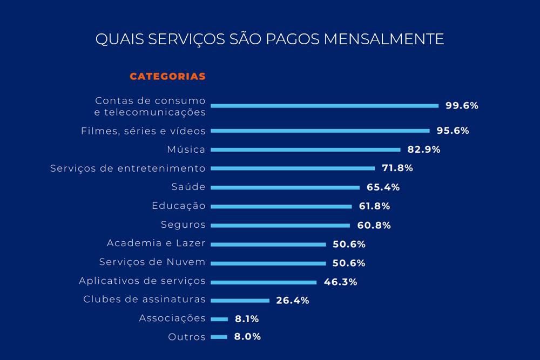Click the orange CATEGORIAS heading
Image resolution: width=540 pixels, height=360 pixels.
pyautogui.click(x=167, y=77)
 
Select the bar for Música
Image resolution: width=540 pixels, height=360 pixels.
pyautogui.click(x=305, y=150)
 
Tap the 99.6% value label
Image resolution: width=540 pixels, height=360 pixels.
pyautogui.click(x=462, y=106)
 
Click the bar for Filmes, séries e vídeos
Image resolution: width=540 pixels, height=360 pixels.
pyautogui.click(x=320, y=131)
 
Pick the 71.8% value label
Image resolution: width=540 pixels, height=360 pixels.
pyautogui.click(x=397, y=168)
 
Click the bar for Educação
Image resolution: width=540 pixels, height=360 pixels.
pyautogui.click(x=281, y=206)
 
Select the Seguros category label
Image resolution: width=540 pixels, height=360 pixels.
pyautogui.click(x=183, y=225)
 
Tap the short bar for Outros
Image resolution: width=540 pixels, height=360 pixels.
pyautogui.click(x=219, y=337)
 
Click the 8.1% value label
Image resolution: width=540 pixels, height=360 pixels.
pyautogui.click(x=247, y=319)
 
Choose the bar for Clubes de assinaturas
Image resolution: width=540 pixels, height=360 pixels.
pyautogui.click(x=240, y=300)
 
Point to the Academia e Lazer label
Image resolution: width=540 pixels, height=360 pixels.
pyautogui.click(x=156, y=243)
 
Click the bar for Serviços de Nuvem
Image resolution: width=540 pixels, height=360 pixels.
pyautogui.click(x=268, y=263)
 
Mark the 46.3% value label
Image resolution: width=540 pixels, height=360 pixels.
pyautogui.click(x=340, y=282)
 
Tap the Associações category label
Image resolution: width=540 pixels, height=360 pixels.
pyautogui.click(x=172, y=318)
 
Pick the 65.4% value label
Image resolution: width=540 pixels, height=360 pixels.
pyautogui.click(x=383, y=187)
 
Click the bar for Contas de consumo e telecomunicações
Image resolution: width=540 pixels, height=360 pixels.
pyautogui.click(x=324, y=106)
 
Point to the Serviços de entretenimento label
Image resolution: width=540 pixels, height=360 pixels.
pyautogui.click(x=128, y=168)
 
